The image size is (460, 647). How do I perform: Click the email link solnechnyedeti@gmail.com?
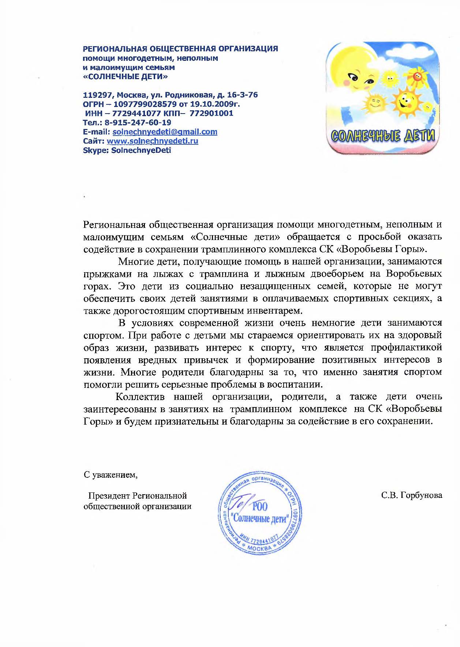[x=165, y=132]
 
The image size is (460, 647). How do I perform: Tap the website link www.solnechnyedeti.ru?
[x=152, y=141]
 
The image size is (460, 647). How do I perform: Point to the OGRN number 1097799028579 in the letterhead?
[x=145, y=104]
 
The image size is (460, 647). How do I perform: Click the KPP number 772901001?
[x=211, y=113]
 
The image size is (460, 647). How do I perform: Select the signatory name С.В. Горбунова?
[x=412, y=495]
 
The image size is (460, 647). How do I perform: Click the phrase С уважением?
[x=110, y=475]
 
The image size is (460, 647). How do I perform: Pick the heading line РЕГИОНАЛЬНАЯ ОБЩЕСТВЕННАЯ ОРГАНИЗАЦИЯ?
[x=180, y=48]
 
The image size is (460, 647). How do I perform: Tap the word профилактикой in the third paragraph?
[x=406, y=348]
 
